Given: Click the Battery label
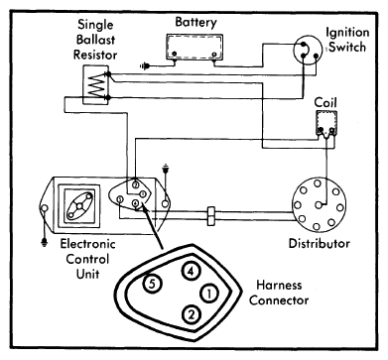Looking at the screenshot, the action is tap(195, 23).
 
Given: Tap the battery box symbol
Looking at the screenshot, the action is tap(194, 47).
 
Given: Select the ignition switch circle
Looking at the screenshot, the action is tap(308, 51).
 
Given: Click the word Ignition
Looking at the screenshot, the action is tap(347, 33).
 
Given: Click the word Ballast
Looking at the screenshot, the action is tap(95, 40).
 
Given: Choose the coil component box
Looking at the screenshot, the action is tap(326, 123).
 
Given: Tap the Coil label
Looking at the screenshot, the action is tap(325, 102).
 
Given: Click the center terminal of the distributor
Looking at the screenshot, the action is tap(319, 205).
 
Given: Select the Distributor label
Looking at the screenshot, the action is tap(320, 244).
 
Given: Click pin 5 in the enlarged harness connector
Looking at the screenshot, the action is tap(152, 284).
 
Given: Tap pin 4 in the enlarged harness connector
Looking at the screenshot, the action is tap(191, 272).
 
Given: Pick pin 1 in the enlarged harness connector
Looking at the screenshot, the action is tap(209, 294).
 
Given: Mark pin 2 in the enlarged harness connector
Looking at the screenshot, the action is tap(191, 314).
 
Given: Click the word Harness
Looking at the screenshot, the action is tap(279, 285).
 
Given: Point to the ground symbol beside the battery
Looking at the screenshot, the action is tap(144, 66).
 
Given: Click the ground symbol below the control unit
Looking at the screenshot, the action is tap(44, 243).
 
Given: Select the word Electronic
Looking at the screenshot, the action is tap(87, 244).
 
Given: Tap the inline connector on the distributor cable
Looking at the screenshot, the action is tap(210, 216).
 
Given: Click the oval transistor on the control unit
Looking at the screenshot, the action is tap(79, 205).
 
